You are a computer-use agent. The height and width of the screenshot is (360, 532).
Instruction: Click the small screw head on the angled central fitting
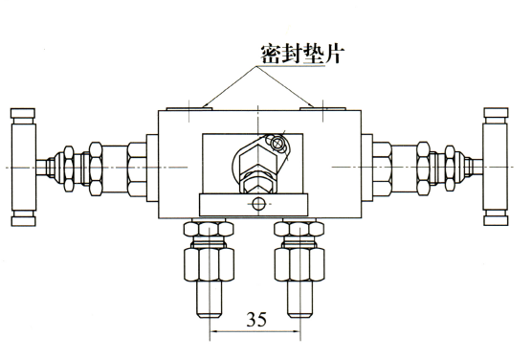[277, 144]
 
